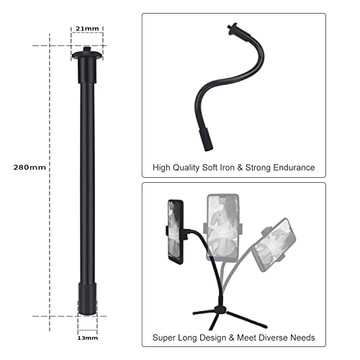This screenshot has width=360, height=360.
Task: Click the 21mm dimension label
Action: pyautogui.click(x=87, y=28)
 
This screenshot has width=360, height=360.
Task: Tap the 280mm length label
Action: pyautogui.click(x=30, y=167)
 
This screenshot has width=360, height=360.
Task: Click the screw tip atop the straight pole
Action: pyautogui.click(x=87, y=53)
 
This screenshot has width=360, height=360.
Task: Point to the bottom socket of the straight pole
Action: pyautogui.click(x=86, y=298)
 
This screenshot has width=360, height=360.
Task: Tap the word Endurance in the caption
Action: pyautogui.click(x=289, y=167)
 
